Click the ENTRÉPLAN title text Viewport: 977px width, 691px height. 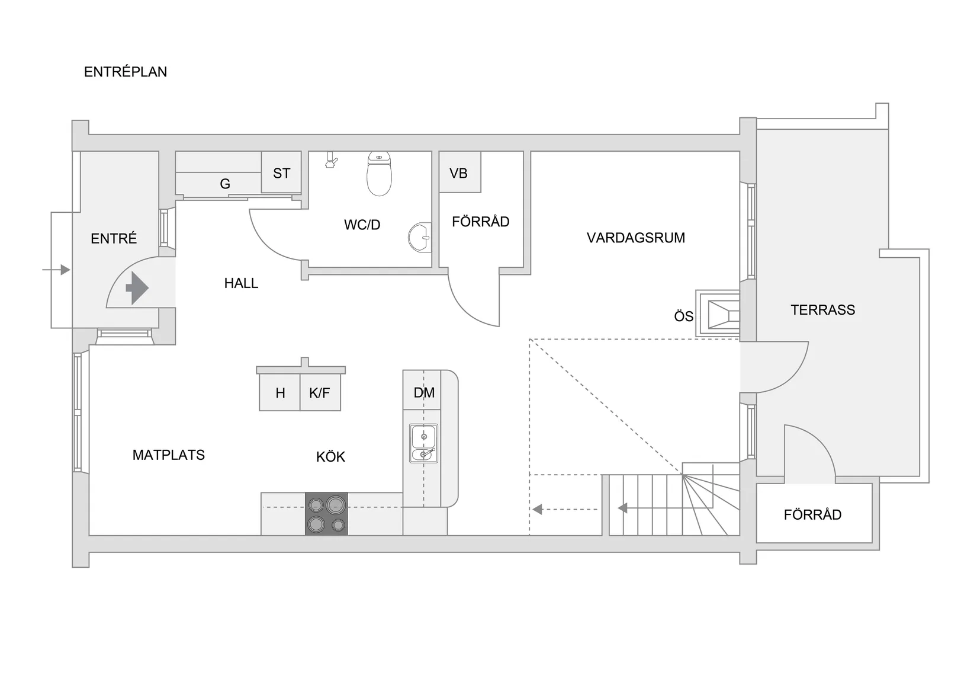[126, 72]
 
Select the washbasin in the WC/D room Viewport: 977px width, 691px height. [420, 238]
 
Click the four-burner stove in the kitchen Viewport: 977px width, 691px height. [326, 514]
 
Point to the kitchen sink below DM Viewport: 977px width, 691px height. [423, 443]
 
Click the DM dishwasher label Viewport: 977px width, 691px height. [424, 392]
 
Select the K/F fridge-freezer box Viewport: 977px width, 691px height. [320, 392]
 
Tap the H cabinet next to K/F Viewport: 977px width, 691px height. [280, 392]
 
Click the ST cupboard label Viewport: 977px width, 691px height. [281, 173]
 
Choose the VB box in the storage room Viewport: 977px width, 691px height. [459, 173]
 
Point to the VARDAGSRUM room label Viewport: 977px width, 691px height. [635, 238]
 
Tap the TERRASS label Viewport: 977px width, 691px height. [822, 309]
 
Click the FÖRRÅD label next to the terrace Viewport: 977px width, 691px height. [812, 514]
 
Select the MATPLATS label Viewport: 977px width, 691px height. [168, 455]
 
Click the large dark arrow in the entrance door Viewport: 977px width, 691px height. [137, 288]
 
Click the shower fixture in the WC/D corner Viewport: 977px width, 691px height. [332, 160]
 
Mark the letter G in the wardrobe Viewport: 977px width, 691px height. [225, 184]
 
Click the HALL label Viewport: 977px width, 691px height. [241, 283]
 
